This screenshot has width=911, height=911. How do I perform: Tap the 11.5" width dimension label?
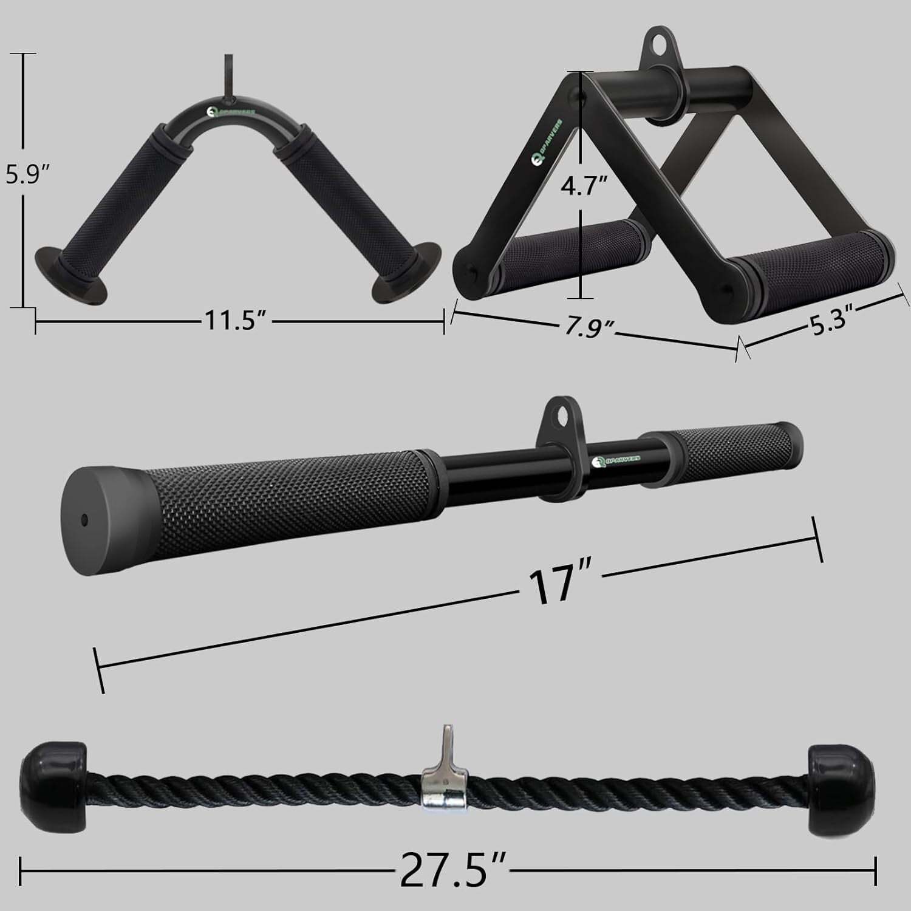point(236,320)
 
